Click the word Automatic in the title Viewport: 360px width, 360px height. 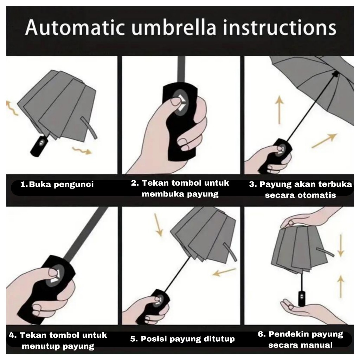pyautogui.click(x=75, y=28)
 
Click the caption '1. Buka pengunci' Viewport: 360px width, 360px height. pyautogui.click(x=57, y=184)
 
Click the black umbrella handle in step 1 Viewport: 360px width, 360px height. pyautogui.click(x=39, y=146)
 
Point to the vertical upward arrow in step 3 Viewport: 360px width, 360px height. pyautogui.click(x=279, y=110)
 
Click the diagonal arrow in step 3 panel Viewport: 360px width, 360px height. pyautogui.click(x=324, y=141)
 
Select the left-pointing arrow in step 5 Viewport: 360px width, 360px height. pyautogui.click(x=224, y=272)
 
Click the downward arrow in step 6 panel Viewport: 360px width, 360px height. pyautogui.click(x=341, y=245)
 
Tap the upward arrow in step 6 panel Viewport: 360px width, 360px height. pyautogui.click(x=341, y=287)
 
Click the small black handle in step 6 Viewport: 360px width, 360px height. pyautogui.click(x=301, y=298)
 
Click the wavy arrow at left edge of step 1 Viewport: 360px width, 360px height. pyautogui.click(x=12, y=108)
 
